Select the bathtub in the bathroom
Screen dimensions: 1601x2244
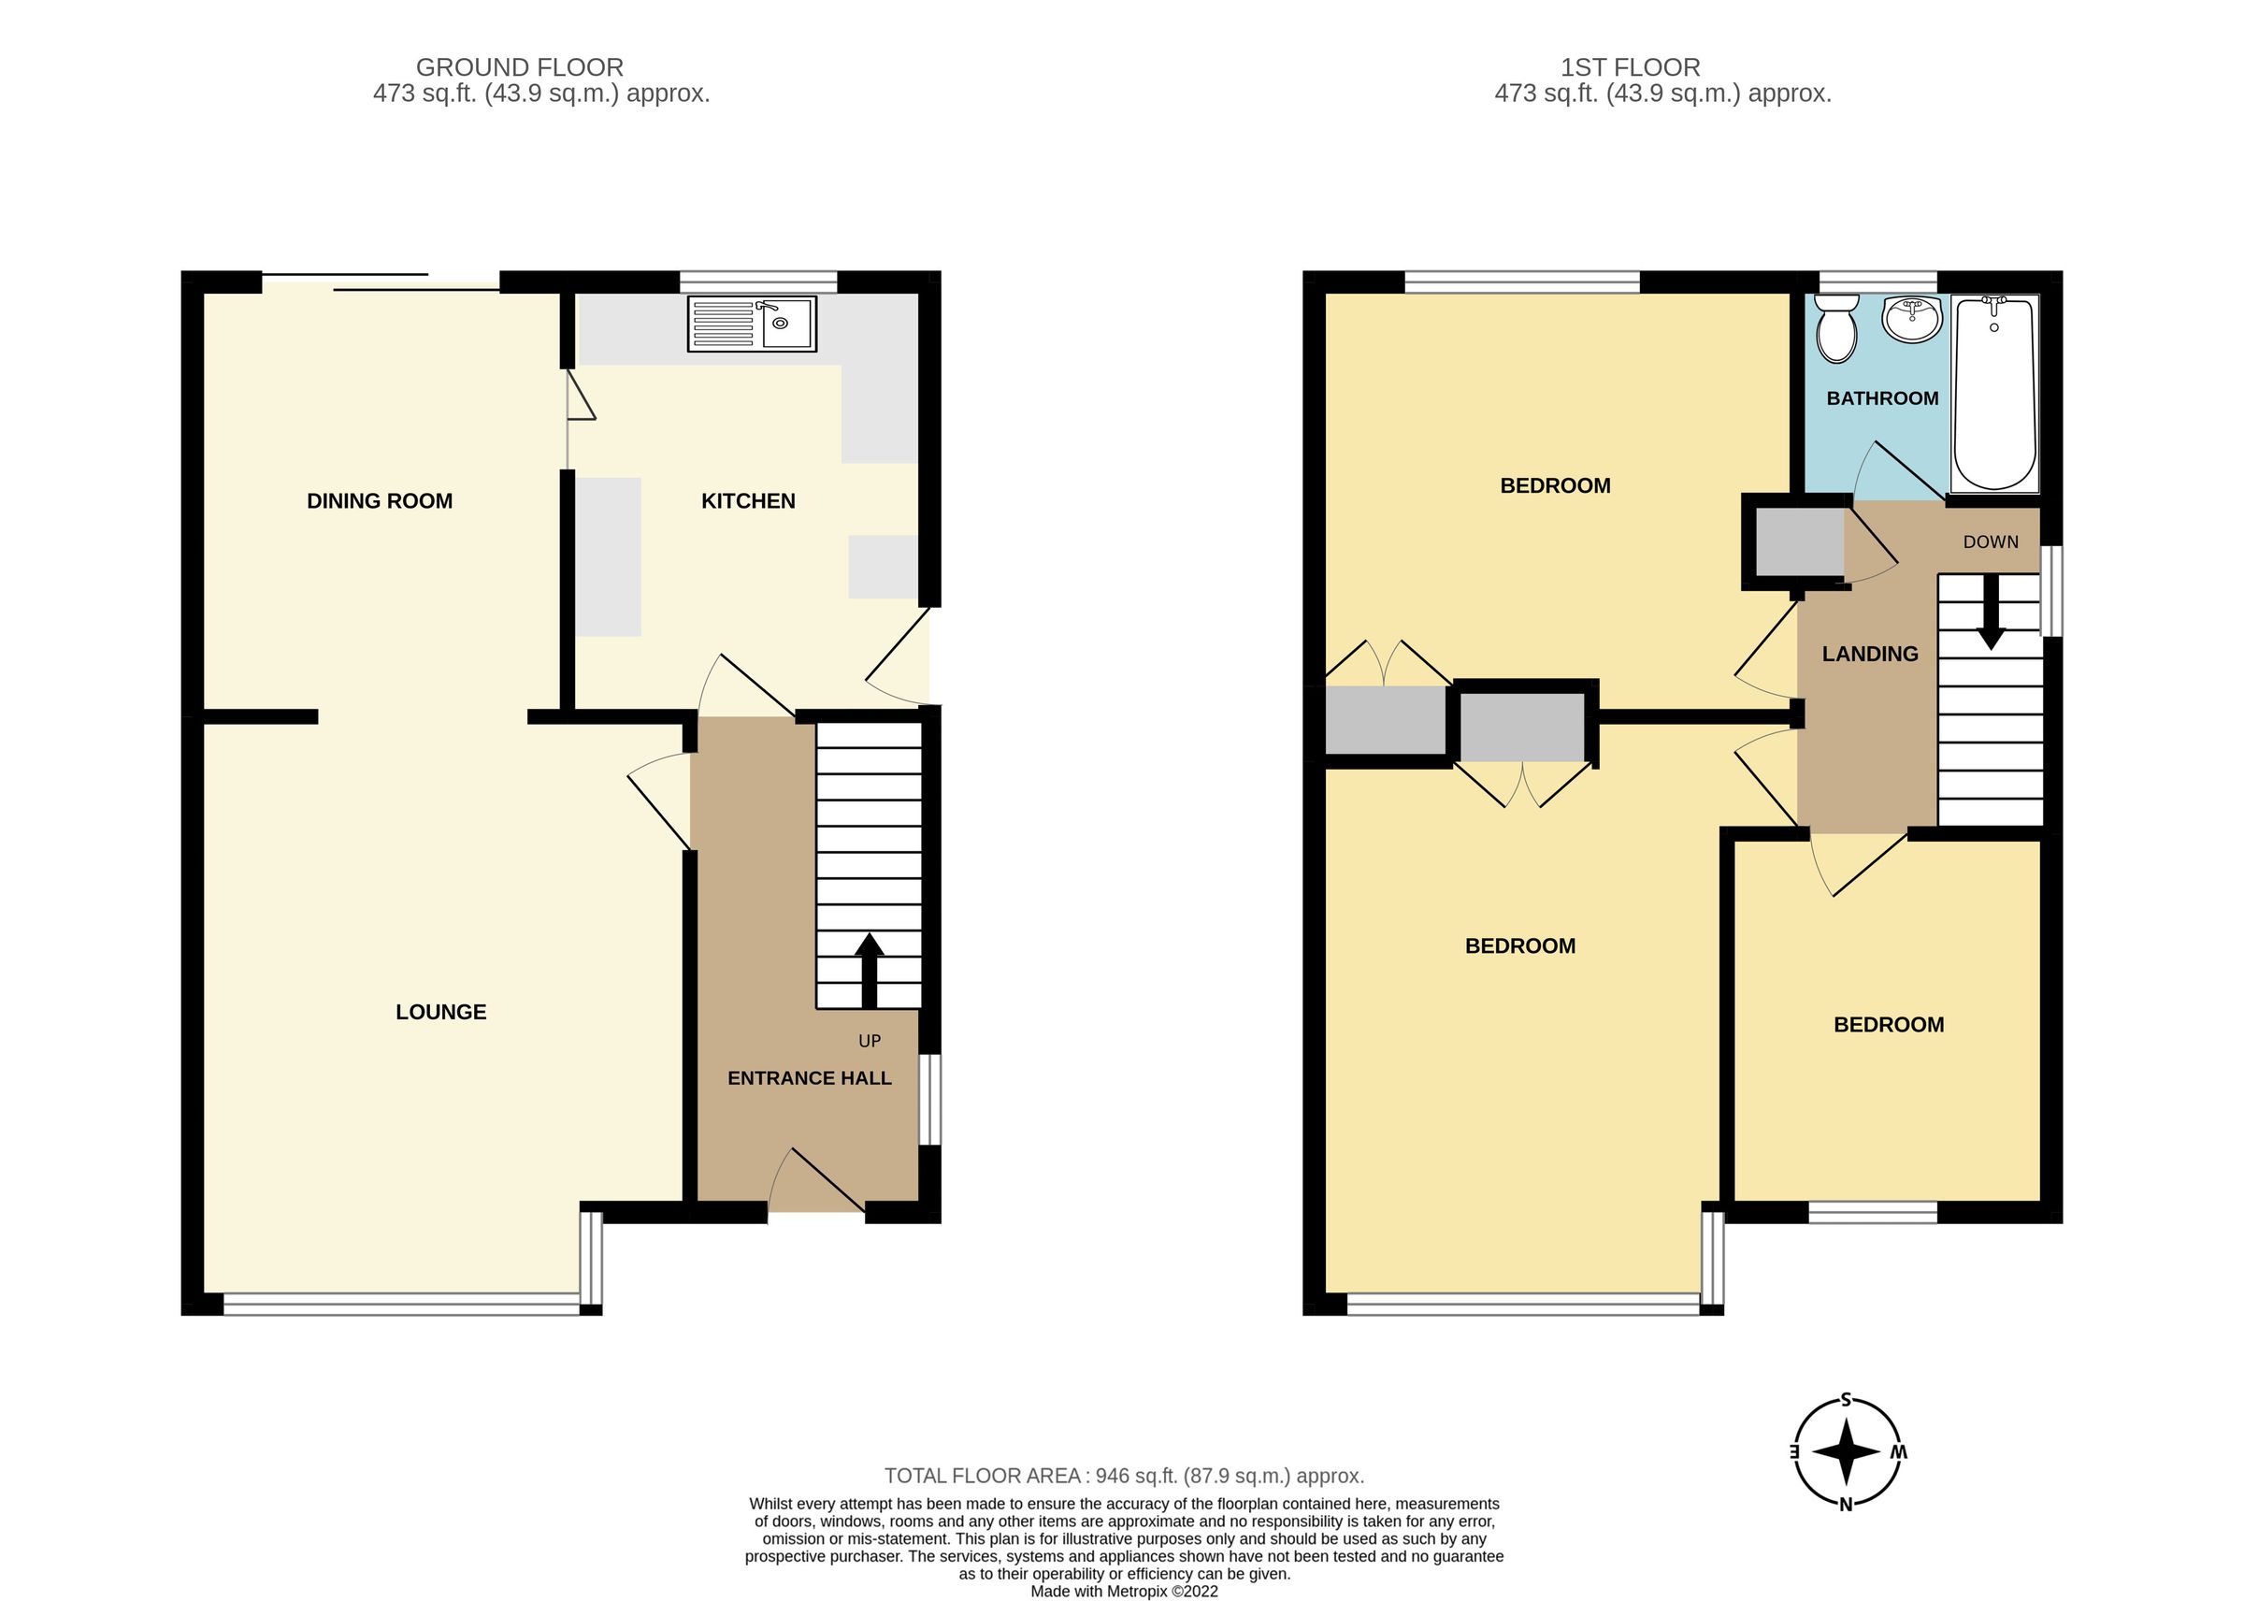(1993, 394)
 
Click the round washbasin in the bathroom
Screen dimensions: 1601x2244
(1911, 320)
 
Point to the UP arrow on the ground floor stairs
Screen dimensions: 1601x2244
(869, 970)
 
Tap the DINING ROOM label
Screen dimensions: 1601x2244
(380, 501)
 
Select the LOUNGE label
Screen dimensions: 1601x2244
(440, 1012)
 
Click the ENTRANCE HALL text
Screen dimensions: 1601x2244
(809, 1078)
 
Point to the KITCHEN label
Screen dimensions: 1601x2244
(748, 501)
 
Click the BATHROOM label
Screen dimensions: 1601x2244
(1882, 398)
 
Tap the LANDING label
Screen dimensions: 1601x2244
(1869, 654)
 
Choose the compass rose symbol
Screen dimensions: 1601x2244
(1846, 1452)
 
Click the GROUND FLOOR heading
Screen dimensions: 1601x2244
(519, 67)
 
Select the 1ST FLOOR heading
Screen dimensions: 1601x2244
(1630, 67)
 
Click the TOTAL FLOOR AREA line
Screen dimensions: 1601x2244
(1124, 1476)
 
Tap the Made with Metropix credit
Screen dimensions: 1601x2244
(1124, 1591)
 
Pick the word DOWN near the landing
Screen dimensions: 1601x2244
(1991, 542)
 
